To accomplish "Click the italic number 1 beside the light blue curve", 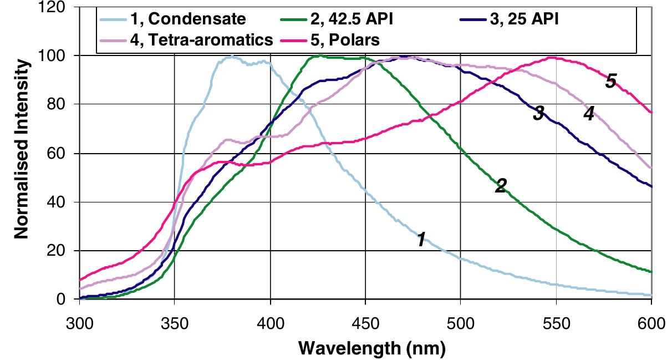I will [421, 240].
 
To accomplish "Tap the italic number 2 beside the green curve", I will [500, 186].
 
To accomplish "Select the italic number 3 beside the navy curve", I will [538, 114].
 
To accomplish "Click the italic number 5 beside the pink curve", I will [610, 82].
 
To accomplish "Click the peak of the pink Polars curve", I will [551, 57].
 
